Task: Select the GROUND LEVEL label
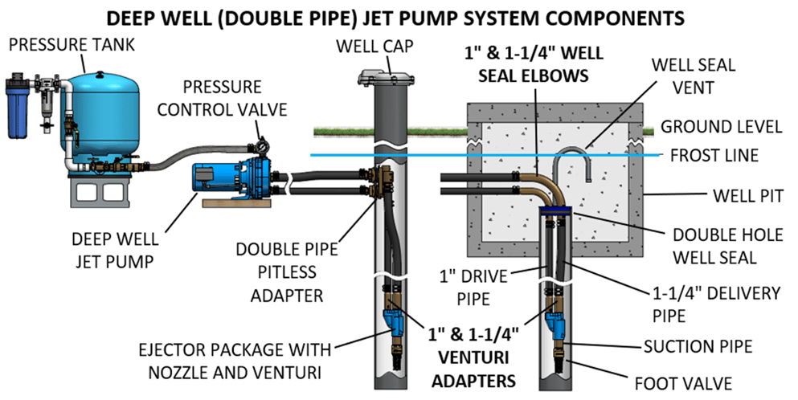[x=720, y=127]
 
